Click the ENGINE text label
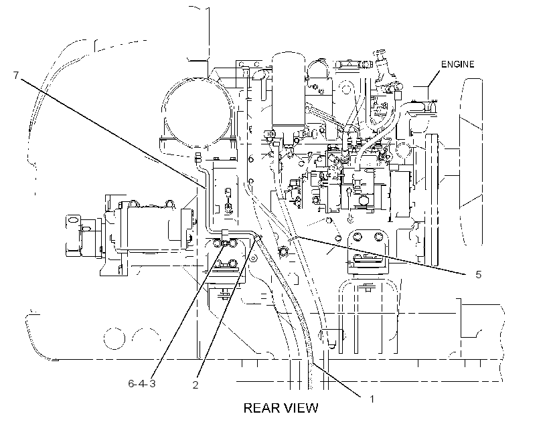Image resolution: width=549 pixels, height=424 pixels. tap(457, 64)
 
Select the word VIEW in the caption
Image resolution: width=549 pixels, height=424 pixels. tap(301, 408)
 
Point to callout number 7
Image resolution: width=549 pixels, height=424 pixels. tap(16, 75)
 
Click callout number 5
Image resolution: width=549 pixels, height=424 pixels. tap(478, 275)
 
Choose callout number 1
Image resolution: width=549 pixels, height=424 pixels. tap(372, 399)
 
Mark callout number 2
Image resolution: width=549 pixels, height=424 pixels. tap(195, 385)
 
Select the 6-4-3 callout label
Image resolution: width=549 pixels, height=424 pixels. tap(142, 384)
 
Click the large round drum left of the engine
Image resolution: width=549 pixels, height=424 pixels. tap(197, 111)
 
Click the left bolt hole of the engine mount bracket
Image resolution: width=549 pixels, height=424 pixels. tap(358, 238)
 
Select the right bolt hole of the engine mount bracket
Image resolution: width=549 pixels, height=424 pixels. tap(378, 237)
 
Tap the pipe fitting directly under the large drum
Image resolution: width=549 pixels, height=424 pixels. tap(198, 157)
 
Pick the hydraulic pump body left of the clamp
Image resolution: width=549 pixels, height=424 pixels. tap(147, 227)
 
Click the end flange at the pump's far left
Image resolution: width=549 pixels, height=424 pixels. tap(73, 235)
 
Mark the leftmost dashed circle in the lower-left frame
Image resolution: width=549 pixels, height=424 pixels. tap(114, 338)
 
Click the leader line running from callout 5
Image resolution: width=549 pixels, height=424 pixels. tap(382, 255)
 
